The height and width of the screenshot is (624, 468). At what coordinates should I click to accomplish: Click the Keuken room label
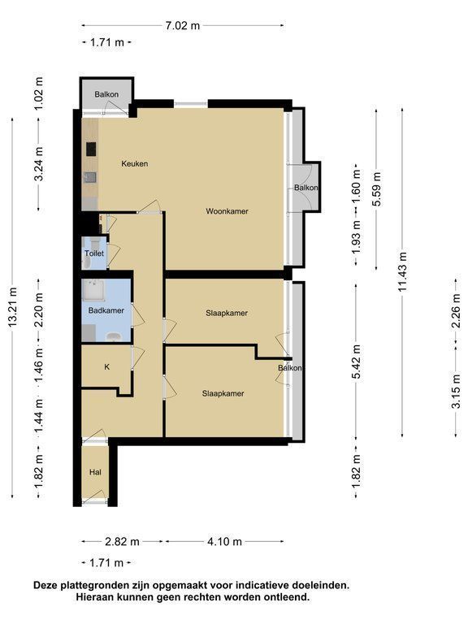tap(135, 163)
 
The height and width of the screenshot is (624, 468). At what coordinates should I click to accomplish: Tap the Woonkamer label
tap(227, 211)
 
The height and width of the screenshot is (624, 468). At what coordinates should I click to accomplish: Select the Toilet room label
tap(94, 253)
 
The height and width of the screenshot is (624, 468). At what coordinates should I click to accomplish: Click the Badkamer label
tap(106, 310)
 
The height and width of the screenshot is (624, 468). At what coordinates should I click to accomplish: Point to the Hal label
tap(95, 472)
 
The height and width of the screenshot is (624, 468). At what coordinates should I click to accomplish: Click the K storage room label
tap(106, 367)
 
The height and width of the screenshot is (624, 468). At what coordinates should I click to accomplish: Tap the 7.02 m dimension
tap(182, 26)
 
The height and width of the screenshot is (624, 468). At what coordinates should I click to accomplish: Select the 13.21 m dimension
tap(13, 308)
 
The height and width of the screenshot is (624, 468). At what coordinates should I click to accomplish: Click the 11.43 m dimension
tap(402, 272)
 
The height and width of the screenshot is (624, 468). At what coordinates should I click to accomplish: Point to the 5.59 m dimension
tap(376, 188)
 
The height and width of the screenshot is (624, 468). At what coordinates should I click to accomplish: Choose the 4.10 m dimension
tap(224, 542)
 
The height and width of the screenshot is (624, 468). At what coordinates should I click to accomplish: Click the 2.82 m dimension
tap(122, 542)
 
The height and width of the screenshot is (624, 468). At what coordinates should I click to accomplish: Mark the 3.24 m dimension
tap(39, 163)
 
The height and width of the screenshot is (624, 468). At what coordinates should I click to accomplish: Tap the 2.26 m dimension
tap(456, 311)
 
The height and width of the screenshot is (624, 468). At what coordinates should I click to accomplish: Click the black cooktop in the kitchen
tap(92, 149)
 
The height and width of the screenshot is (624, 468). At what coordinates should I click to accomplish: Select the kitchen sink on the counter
tap(91, 177)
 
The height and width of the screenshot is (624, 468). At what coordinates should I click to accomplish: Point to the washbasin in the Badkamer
tap(114, 337)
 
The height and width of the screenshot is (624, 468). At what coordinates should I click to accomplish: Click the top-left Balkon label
tap(106, 95)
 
